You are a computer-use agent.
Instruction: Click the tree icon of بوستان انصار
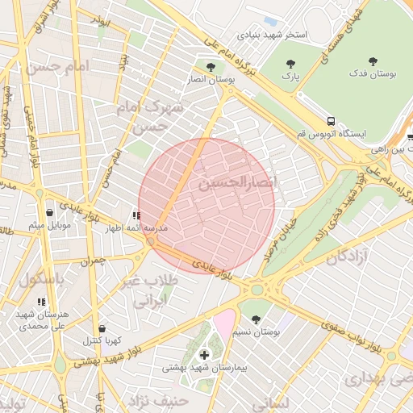pyautogui.click(x=211, y=67)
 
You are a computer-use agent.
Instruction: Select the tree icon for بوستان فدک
pyautogui.click(x=373, y=61)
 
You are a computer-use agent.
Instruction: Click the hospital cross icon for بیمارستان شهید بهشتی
pyautogui.click(x=204, y=354)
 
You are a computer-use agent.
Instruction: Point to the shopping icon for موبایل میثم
pyautogui.click(x=50, y=212)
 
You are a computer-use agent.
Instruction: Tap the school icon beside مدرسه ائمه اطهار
pyautogui.click(x=136, y=215)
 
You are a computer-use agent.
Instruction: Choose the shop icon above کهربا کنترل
pyautogui.click(x=102, y=328)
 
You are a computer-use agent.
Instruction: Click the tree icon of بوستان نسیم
pyautogui.click(x=256, y=319)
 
